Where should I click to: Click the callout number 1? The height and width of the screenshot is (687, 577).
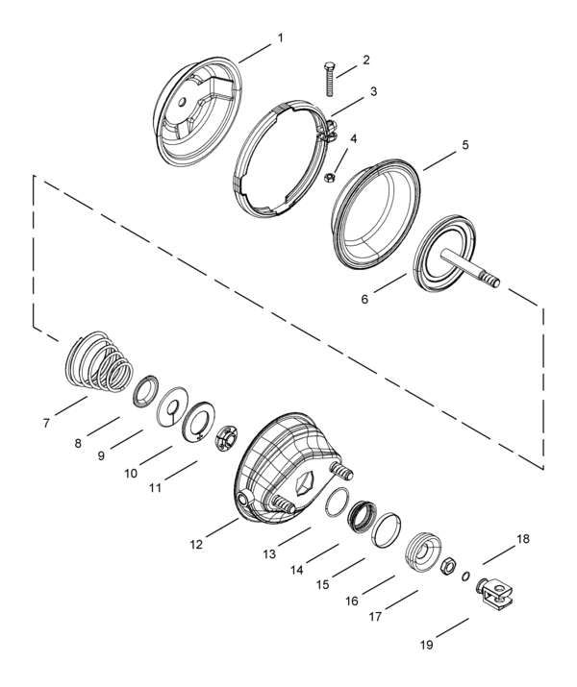pos(281,38)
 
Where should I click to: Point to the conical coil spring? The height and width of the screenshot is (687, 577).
pos(100,361)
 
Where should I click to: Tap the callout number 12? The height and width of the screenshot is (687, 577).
pos(196,545)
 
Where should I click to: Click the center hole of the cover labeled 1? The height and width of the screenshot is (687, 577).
pos(183,102)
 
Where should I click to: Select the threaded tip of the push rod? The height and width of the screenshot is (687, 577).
pos(491,280)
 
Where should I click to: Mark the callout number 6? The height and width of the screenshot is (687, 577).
pos(364,300)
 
